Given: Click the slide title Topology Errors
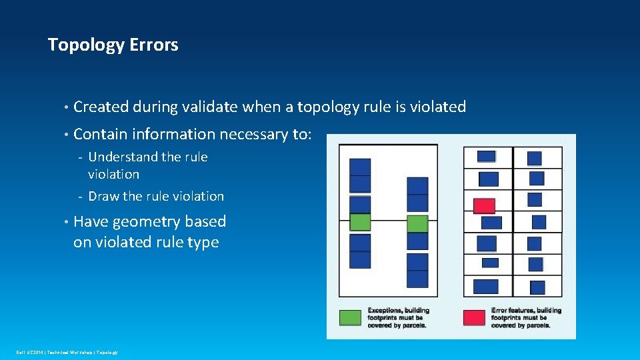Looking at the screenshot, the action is pyautogui.click(x=113, y=45).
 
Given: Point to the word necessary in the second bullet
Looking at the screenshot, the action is pyautogui.click(x=257, y=134).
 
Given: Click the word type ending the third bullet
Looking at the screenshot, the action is pyautogui.click(x=203, y=242).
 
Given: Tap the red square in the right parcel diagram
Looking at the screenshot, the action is pyautogui.click(x=484, y=206).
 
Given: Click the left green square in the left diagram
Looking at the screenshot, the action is pyautogui.click(x=360, y=222).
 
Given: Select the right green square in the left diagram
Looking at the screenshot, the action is pyautogui.click(x=417, y=223).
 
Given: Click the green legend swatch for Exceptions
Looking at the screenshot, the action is pyautogui.click(x=351, y=317).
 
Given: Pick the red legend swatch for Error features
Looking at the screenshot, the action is pyautogui.click(x=474, y=317).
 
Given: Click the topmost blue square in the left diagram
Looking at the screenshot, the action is pyautogui.click(x=360, y=167).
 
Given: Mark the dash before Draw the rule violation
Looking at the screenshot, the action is pyautogui.click(x=79, y=197).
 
